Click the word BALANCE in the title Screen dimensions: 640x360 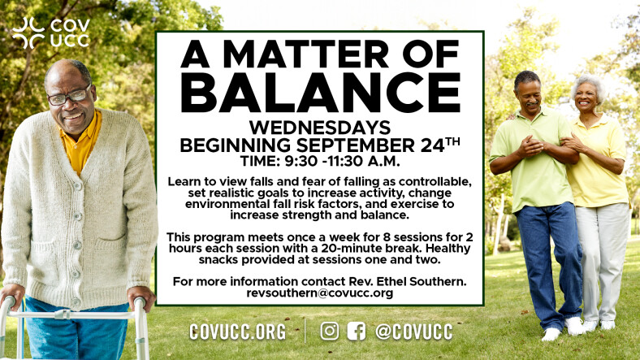(x=320, y=93)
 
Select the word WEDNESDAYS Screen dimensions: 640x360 (x=320, y=128)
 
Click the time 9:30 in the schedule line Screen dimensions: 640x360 (x=301, y=161)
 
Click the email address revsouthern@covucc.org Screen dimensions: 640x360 (x=319, y=293)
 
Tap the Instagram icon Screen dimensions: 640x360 (x=330, y=331)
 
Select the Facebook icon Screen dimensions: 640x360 (x=357, y=331)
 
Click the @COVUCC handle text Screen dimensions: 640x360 (x=414, y=332)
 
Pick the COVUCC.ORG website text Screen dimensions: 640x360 (x=237, y=332)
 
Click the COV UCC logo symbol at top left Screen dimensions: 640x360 (x=28, y=33)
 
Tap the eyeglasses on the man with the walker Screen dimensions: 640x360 (x=69, y=96)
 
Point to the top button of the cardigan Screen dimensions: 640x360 (x=76, y=186)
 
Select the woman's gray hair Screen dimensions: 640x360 (x=589, y=85)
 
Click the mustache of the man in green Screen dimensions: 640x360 (x=531, y=104)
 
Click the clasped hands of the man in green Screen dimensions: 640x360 (x=530, y=145)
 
